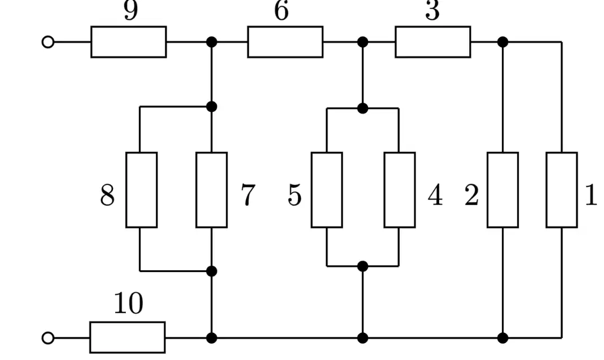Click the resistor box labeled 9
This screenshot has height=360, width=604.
point(129,42)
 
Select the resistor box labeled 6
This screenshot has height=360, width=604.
point(285,42)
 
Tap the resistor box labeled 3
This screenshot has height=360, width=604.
point(432,42)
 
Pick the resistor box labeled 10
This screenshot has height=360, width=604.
point(128,337)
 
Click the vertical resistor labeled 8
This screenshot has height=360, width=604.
point(141,190)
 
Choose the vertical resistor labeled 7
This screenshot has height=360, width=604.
point(212,190)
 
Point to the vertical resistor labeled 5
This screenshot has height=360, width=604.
point(327,190)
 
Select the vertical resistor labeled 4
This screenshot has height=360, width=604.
point(400,190)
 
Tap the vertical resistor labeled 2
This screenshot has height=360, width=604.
point(503,190)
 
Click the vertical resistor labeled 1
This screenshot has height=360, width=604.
point(562,190)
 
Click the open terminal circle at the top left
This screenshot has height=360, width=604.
point(48,42)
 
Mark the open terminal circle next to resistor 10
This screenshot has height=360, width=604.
point(48,338)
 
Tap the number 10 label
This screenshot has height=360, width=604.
point(129,304)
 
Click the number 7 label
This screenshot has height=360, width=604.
point(248,195)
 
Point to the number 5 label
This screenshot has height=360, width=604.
point(295,195)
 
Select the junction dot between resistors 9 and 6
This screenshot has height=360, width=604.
point(212,42)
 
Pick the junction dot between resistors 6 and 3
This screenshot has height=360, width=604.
point(362,42)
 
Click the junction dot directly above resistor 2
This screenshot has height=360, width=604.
point(503,42)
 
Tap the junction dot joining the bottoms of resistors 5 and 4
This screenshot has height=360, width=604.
point(362,266)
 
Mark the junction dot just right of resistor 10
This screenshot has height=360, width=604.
point(212,338)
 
